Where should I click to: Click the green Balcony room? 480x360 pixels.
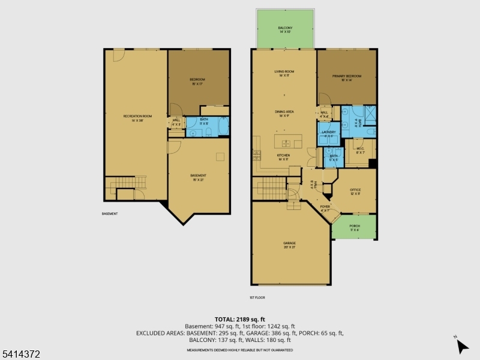click(285, 30)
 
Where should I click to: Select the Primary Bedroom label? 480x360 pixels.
click(347, 77)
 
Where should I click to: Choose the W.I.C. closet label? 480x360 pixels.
click(361, 151)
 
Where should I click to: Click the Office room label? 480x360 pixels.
click(355, 192)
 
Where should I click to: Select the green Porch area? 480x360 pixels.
click(355, 227)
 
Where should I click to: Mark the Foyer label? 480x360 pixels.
click(325, 208)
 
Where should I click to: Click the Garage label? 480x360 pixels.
click(290, 244)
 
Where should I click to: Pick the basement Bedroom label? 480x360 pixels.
click(198, 81)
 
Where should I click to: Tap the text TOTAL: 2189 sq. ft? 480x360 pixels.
click(240, 319)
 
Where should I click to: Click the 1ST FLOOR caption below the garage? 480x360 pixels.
click(257, 298)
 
